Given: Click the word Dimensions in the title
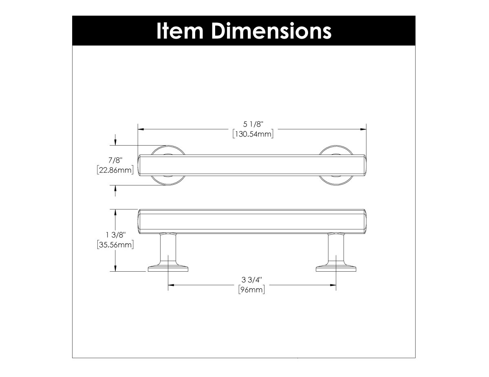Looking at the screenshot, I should tap(268, 31).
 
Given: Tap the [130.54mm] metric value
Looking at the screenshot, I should tap(252, 134).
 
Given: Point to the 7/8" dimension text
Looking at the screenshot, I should tap(115, 161).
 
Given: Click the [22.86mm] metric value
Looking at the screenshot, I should tap(115, 170).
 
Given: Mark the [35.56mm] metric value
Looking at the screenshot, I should tap(116, 245).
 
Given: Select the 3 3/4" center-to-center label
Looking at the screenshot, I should tap(252, 281).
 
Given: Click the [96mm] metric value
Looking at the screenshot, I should tap(252, 290).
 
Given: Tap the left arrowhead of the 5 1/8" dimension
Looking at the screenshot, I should tap(141, 129).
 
